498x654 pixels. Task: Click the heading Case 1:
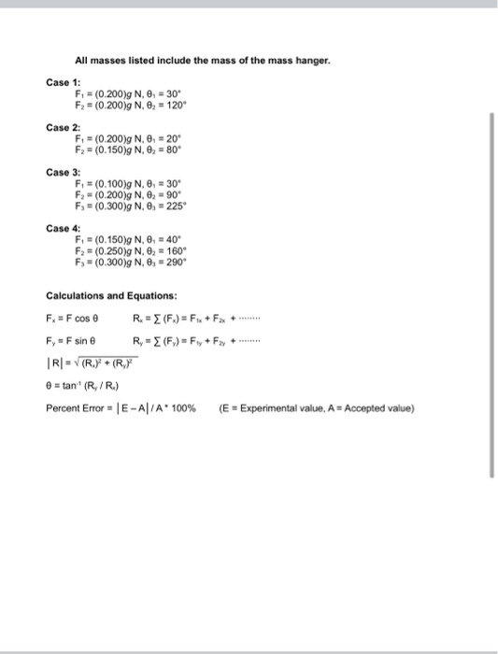[x=63, y=82]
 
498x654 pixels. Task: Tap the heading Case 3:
[x=63, y=171]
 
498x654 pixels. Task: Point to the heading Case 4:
[x=63, y=227]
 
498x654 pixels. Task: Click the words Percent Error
[x=77, y=407]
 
